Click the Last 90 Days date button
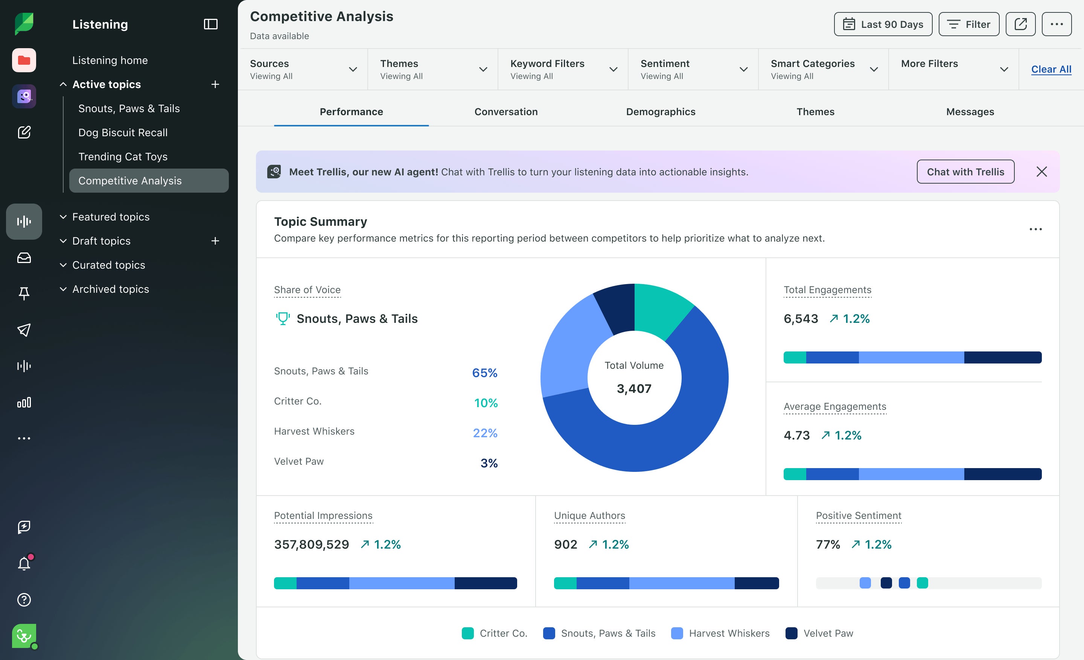(x=883, y=24)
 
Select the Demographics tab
(x=660, y=112)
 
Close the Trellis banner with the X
(x=1041, y=172)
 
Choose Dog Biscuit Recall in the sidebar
(x=123, y=132)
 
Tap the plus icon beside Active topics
(x=215, y=84)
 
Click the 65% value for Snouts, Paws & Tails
(x=484, y=373)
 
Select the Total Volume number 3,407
(x=634, y=389)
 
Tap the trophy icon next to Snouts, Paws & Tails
(x=282, y=318)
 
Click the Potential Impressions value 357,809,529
(x=312, y=544)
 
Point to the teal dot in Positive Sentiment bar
(x=922, y=583)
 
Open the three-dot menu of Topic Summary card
(x=1035, y=229)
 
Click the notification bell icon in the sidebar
(x=24, y=563)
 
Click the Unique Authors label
(x=589, y=516)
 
